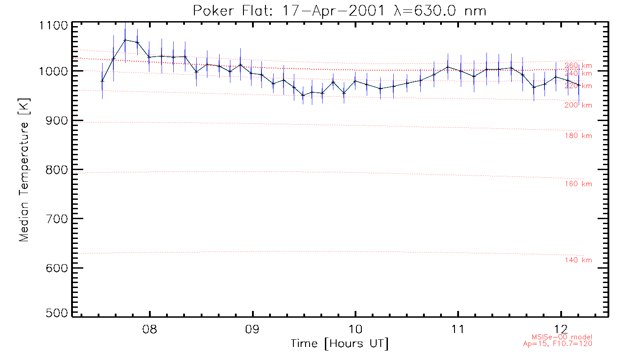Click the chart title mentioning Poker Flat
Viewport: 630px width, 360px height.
[x=340, y=11]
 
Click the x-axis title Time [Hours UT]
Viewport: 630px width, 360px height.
[x=339, y=344]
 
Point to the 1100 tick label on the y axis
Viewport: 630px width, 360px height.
[x=54, y=25]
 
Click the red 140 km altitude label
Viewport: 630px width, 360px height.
[x=578, y=261]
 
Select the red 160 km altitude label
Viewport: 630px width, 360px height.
[x=578, y=184]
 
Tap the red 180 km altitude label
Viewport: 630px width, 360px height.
[x=578, y=136]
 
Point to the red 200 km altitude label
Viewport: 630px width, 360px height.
[x=578, y=105]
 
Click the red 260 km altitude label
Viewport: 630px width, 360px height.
[x=578, y=66]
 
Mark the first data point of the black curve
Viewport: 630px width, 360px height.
[x=102, y=81]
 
